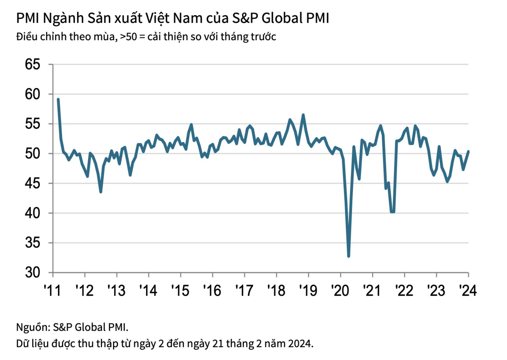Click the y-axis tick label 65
(33, 64)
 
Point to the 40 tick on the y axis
(33, 213)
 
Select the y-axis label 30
(33, 273)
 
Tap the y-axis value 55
(33, 124)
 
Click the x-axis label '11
(53, 290)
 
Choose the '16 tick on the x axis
(212, 290)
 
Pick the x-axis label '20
(340, 290)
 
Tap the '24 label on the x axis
(468, 290)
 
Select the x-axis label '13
(116, 290)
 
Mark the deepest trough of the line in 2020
(349, 256)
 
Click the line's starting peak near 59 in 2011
(58, 99)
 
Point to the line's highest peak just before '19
(303, 115)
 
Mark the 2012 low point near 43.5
(100, 192)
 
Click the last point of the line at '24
(468, 151)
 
